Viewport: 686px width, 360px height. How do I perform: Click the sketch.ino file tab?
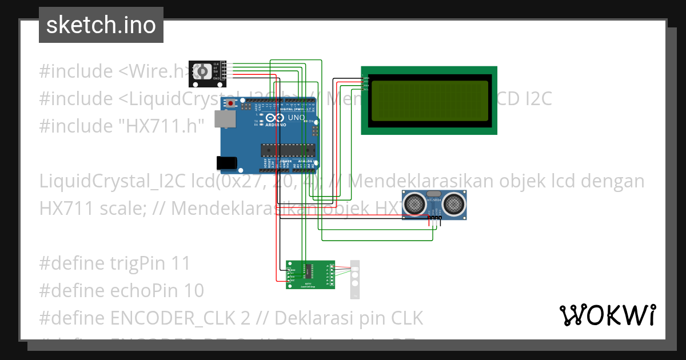point(101,25)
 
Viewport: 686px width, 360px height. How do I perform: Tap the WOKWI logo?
point(607,315)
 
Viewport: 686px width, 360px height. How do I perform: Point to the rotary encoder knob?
point(201,71)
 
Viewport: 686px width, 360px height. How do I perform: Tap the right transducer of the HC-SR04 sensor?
point(454,202)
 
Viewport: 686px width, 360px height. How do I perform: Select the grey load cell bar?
point(355,279)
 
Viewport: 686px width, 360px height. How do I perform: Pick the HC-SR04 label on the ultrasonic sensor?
point(434,199)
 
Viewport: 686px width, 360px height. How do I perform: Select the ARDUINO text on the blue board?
point(275,124)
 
